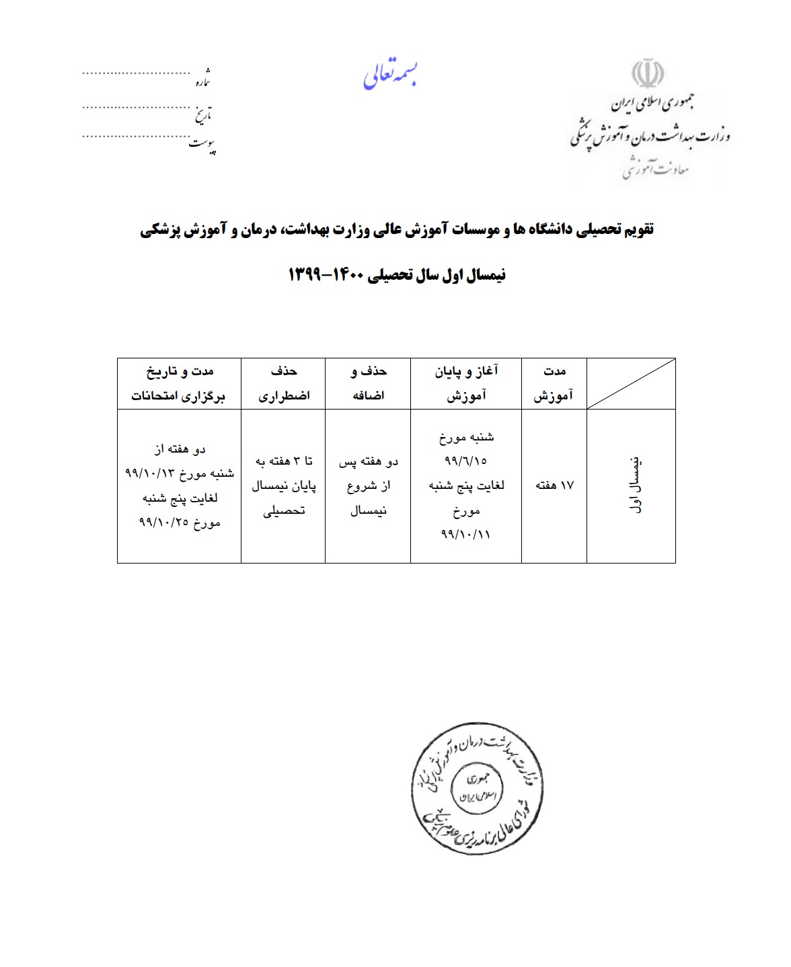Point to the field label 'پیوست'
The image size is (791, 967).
pos(202,145)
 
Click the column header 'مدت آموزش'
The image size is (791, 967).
pos(554,383)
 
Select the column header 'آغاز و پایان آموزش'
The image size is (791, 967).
pos(466,383)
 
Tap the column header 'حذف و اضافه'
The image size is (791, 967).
pos(369,383)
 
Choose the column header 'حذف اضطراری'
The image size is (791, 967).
pos(284,383)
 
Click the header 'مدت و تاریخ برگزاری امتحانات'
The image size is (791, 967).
pos(179,383)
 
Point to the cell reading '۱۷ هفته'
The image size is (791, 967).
pos(554,485)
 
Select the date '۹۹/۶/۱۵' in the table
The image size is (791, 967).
pos(466,461)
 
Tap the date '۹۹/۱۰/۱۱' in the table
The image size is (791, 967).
pos(466,534)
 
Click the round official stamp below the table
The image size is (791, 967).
pos(476,789)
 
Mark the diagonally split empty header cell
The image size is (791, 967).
pos(631,383)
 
